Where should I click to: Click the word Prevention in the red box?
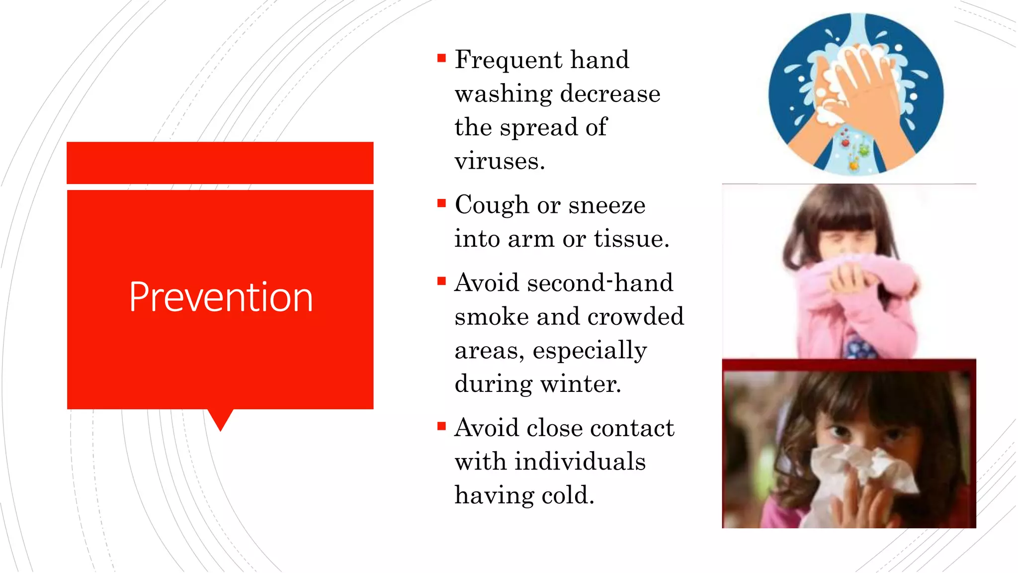point(221,297)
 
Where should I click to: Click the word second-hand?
point(600,283)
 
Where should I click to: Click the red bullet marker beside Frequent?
point(441,58)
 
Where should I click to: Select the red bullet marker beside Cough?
point(441,203)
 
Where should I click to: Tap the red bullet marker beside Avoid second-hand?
point(441,281)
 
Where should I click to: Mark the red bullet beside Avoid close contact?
point(441,426)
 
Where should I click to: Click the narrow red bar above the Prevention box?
point(220,163)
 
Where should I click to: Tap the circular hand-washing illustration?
point(855,94)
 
